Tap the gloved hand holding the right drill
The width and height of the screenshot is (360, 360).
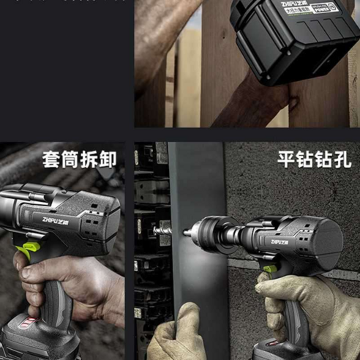click(x=307, y=307)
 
